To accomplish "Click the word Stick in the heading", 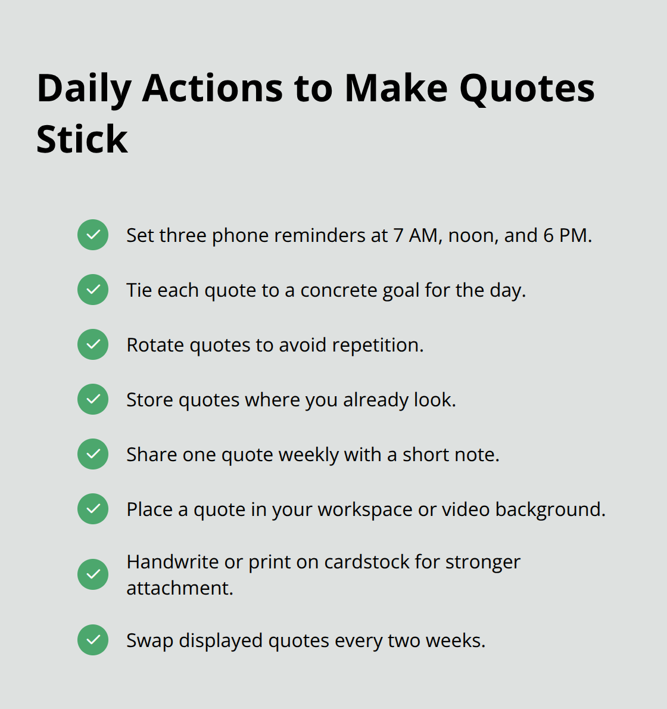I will [x=82, y=140].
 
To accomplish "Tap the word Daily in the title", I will [x=83, y=89].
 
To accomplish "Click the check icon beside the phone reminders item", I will [x=93, y=235].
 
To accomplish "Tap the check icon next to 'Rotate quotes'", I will [x=93, y=344].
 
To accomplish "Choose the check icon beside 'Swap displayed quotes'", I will [x=93, y=640].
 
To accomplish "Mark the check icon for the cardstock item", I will [x=93, y=574].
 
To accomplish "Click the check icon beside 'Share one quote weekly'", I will [x=93, y=454].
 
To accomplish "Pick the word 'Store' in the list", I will [x=149, y=400].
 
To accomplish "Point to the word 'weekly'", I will [x=308, y=455].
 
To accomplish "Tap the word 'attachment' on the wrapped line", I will [x=179, y=588].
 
